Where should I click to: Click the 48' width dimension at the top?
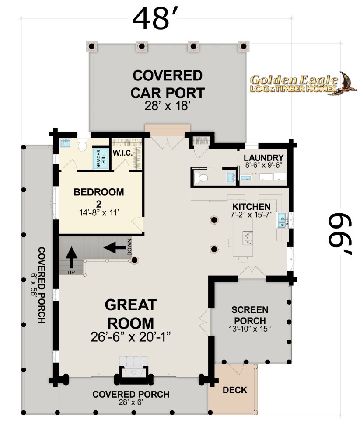(155, 18)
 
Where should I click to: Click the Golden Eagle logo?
(303, 83)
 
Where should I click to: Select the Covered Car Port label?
(168, 84)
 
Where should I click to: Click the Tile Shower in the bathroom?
(101, 159)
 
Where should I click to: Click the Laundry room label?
(263, 158)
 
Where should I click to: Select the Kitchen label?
(252, 207)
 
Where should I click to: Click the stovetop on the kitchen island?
(248, 238)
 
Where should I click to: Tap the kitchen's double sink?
(282, 220)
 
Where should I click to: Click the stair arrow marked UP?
(71, 257)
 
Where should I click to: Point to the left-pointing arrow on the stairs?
(115, 247)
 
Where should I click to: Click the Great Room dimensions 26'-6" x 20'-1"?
(131, 337)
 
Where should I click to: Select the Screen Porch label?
(250, 315)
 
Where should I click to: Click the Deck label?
(235, 390)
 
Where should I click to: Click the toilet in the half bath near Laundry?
(201, 177)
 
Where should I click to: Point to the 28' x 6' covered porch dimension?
(131, 402)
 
